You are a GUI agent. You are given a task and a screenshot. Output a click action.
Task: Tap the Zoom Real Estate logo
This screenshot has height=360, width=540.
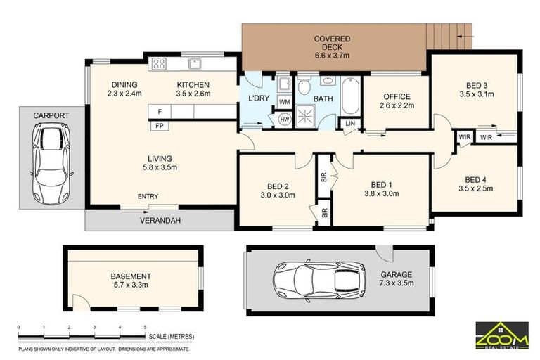(502, 335)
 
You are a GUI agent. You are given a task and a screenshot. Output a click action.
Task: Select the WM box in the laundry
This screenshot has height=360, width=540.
(285, 102)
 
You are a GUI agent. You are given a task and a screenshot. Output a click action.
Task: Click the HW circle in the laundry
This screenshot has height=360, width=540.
(285, 120)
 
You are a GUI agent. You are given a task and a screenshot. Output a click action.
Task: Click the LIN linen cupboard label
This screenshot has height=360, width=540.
(349, 124)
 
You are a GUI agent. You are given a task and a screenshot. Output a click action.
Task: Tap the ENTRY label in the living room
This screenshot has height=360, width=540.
(148, 196)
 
